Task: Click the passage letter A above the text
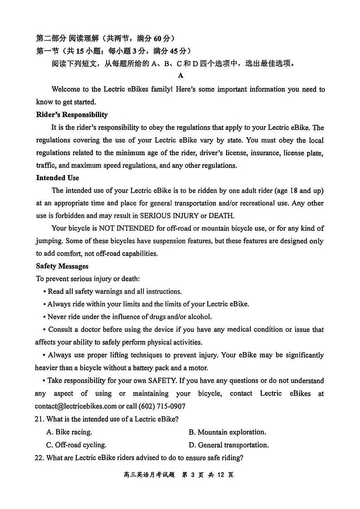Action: point(180,75)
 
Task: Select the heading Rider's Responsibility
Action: point(72,115)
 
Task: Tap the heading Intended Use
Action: point(57,178)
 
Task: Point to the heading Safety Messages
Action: point(62,266)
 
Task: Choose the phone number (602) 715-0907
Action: point(162,407)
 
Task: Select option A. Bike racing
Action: point(69,432)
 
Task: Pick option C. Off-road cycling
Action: point(76,445)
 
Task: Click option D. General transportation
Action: point(229,445)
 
